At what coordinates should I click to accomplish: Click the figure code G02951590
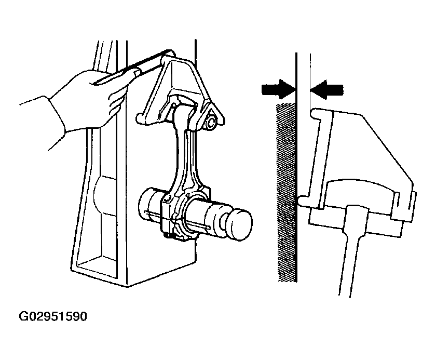click(53, 316)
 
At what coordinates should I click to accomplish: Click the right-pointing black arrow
click(278, 89)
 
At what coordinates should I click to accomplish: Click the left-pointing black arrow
click(326, 89)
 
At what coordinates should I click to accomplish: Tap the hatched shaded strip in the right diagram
click(286, 192)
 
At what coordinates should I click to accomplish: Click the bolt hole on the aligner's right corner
click(212, 122)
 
